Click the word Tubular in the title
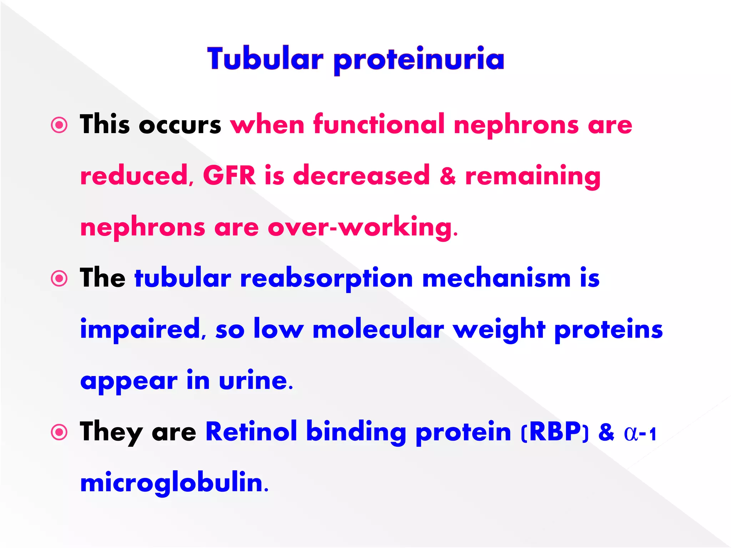coord(265,59)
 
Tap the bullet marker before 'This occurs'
coord(59,125)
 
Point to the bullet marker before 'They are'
coord(59,432)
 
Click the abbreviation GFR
coord(229,176)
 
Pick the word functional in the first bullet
coord(379,125)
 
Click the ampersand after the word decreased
coord(448,176)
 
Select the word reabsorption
coord(326,279)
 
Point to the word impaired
coord(140,329)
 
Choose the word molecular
coord(378,329)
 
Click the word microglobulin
coord(172,483)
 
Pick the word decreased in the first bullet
coord(361,176)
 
